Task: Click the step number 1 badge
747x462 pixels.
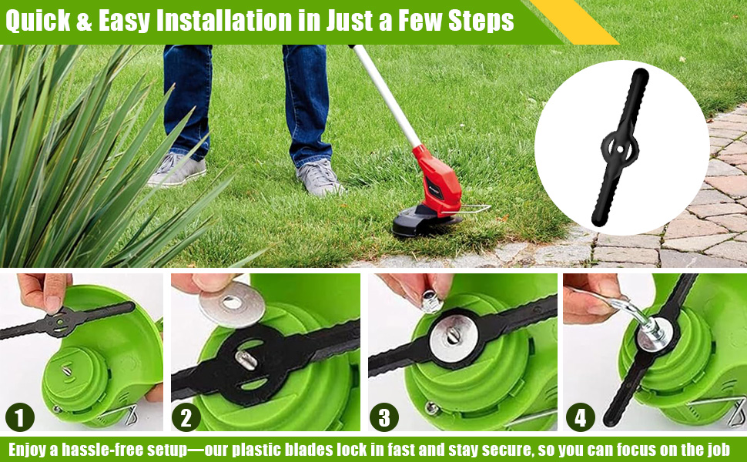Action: pos(20,417)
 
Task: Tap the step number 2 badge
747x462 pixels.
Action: pos(186,417)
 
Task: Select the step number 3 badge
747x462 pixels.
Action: pos(384,417)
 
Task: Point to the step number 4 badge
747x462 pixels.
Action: pos(580,417)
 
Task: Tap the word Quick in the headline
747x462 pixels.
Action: pos(38,21)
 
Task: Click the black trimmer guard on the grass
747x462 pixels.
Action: pos(424,222)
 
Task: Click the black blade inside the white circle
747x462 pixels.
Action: pos(620,148)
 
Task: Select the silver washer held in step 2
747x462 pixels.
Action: pos(232,303)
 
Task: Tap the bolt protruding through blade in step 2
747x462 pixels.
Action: pos(246,360)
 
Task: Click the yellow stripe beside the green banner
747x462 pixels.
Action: pos(574,22)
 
